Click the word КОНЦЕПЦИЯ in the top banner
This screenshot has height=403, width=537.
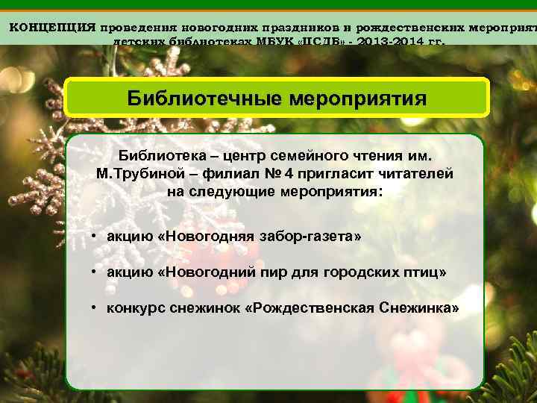[52, 27]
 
